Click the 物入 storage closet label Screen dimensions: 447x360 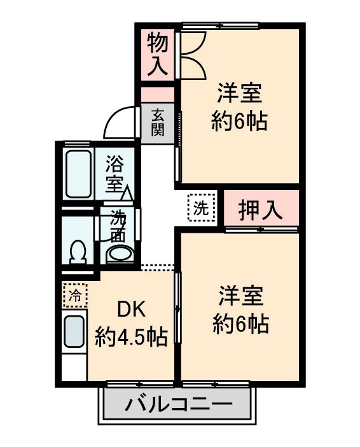[x=158, y=54]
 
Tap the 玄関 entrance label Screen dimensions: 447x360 [x=158, y=123]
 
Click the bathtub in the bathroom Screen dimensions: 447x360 [x=80, y=173]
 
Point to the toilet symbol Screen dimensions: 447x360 [x=78, y=252]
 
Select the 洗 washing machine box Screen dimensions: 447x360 [x=200, y=207]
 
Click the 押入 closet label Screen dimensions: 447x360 [x=261, y=210]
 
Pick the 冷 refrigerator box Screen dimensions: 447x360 [x=75, y=295]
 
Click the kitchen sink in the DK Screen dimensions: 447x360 [x=74, y=331]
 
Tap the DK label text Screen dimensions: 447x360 [x=132, y=310]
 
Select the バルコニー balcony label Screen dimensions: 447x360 [x=178, y=404]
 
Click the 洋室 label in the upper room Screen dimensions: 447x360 [x=240, y=93]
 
